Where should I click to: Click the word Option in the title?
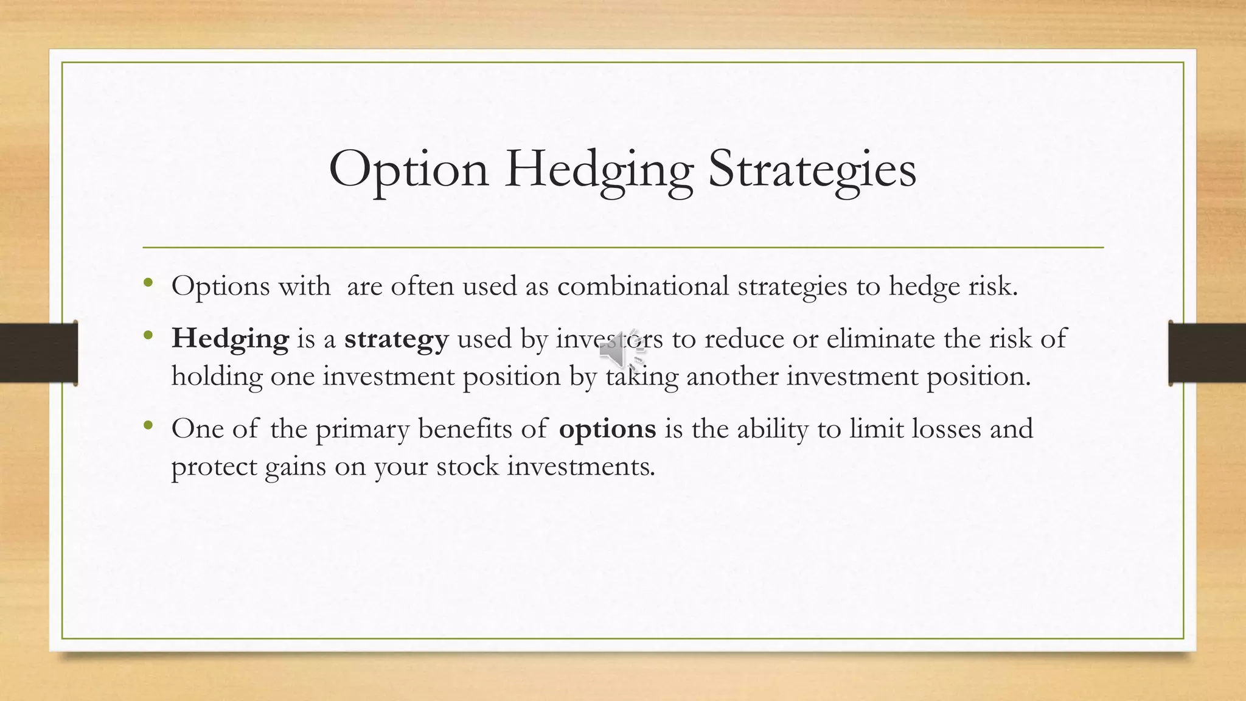click(x=408, y=170)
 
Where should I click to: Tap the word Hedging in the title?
click(x=599, y=170)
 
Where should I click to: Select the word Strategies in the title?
click(x=812, y=170)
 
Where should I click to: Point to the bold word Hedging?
click(x=230, y=339)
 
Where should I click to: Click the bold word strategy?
click(x=396, y=339)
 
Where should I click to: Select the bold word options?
click(x=607, y=429)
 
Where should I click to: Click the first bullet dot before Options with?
click(x=148, y=282)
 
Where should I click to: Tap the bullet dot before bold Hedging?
click(x=148, y=335)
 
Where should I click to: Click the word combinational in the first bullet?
click(x=643, y=286)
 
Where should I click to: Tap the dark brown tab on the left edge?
click(x=38, y=353)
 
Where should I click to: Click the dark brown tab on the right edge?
click(x=1207, y=353)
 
